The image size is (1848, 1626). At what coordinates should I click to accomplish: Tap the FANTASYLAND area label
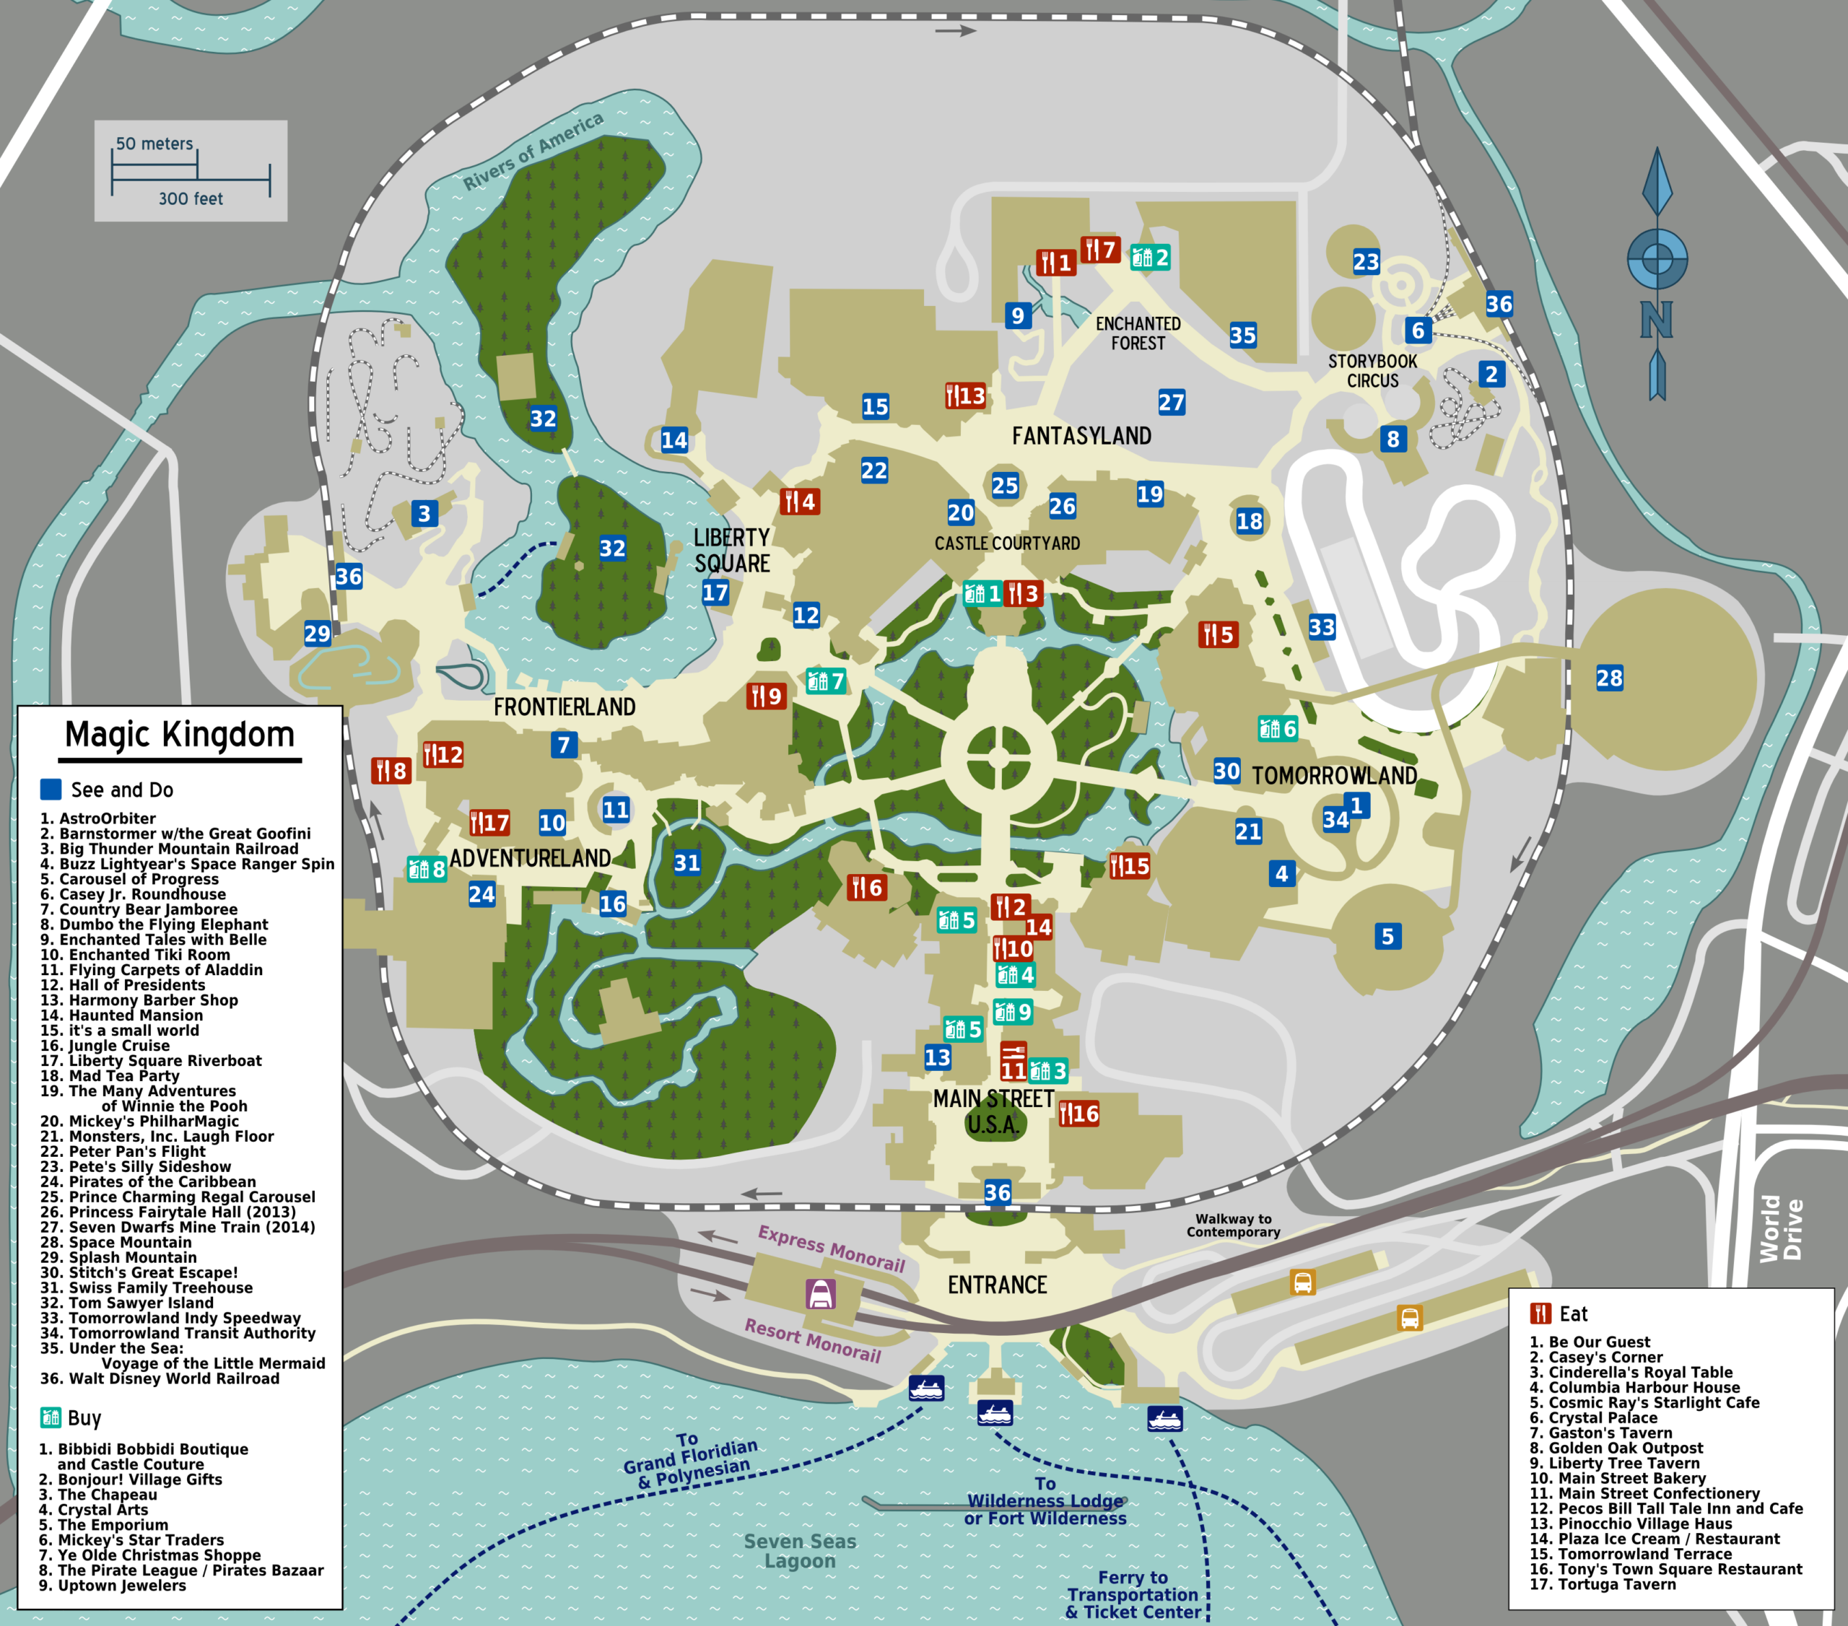point(1081,437)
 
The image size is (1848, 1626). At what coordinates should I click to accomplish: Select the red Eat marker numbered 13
point(964,396)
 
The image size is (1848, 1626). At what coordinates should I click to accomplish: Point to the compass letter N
point(1656,319)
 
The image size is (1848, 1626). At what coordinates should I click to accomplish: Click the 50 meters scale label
point(154,144)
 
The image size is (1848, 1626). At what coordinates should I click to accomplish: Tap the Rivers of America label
point(533,151)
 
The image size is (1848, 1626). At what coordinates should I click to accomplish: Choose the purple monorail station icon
point(821,1294)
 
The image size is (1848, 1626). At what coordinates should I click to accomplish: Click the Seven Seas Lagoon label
point(800,1551)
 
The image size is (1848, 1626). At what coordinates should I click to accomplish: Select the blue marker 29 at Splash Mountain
point(318,634)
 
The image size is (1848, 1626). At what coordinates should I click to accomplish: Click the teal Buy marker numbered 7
point(825,681)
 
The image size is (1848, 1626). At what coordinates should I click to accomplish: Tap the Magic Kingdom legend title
point(180,735)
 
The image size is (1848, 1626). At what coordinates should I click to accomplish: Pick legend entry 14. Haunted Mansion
point(121,1015)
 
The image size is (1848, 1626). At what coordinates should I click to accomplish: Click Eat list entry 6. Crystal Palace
point(1593,1417)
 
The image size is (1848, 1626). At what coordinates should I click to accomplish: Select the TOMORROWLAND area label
point(1333,776)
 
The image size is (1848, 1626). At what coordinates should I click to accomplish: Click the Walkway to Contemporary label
point(1233,1225)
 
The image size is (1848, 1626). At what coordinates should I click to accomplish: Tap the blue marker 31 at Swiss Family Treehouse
point(687,862)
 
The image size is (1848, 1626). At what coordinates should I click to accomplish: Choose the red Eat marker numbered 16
point(1078,1114)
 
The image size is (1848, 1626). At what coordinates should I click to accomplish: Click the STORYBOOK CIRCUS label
point(1372,370)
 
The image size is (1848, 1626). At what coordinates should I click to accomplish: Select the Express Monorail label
point(831,1249)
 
